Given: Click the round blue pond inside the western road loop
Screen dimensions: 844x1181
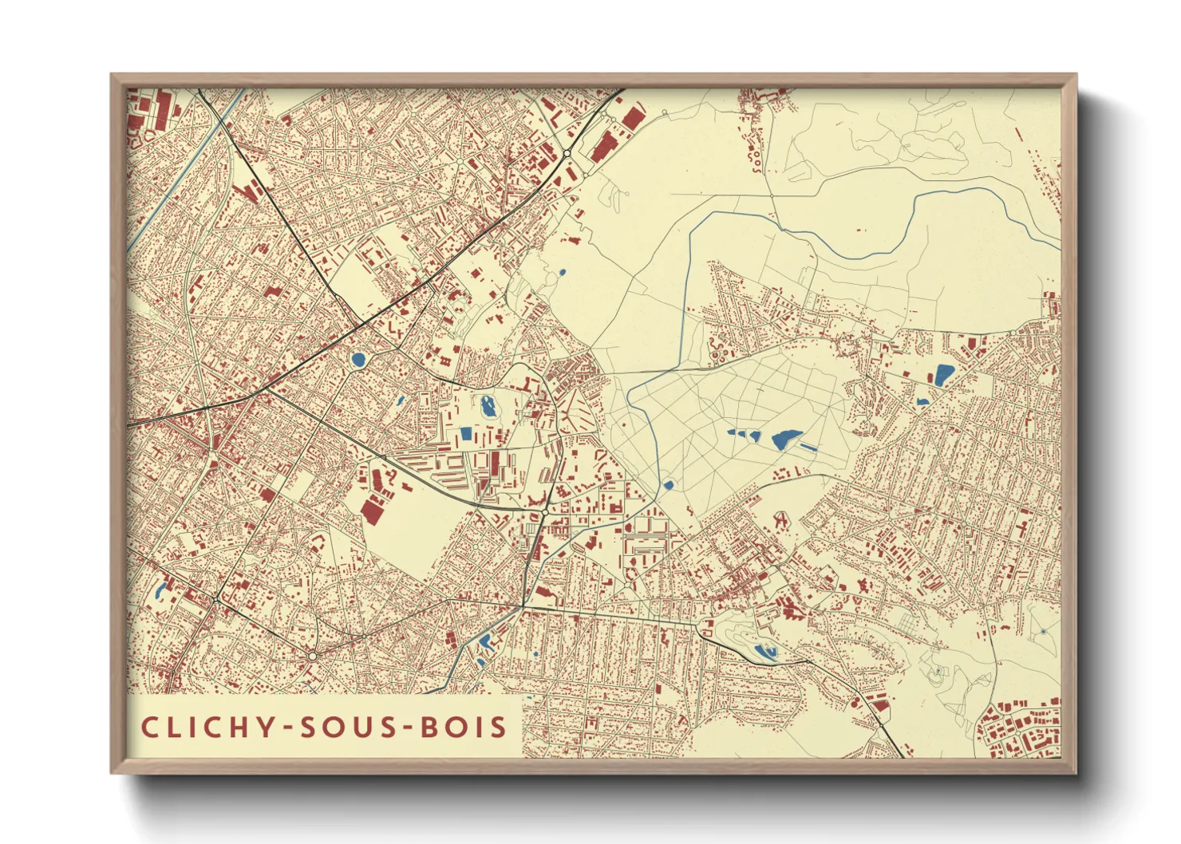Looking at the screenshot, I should [x=357, y=360].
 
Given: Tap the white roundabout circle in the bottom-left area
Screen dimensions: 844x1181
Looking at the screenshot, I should [x=313, y=656].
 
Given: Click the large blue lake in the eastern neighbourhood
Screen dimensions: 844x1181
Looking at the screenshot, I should [x=944, y=374].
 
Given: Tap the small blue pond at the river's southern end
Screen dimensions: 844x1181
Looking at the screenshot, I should [x=668, y=484].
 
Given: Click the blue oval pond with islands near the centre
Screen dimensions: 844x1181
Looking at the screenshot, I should [x=488, y=407].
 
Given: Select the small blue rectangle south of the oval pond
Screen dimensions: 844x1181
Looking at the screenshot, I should [x=466, y=435].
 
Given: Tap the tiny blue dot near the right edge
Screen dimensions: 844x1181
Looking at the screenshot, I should [x=1043, y=631].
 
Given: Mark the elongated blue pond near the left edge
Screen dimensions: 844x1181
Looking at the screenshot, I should [x=160, y=591].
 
